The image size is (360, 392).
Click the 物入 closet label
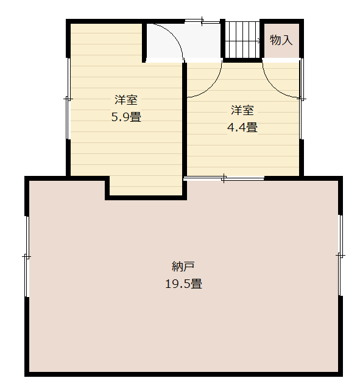281,40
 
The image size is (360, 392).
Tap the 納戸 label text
183,267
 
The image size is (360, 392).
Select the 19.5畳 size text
183,284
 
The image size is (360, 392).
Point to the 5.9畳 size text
126,117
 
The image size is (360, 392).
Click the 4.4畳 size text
242,127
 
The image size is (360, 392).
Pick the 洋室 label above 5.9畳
126,100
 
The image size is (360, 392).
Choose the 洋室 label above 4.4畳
242,110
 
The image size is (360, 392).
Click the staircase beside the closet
242,40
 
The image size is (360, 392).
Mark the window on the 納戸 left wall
27,256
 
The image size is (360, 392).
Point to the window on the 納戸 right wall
341,255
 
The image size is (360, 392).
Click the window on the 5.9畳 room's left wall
68,99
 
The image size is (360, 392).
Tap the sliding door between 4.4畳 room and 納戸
224,178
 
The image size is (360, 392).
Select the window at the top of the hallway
202,21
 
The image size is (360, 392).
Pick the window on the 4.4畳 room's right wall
302,99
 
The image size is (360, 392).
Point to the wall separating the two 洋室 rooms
185,119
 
